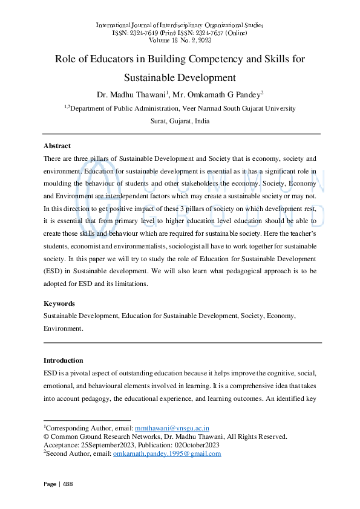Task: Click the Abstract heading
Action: (x=57, y=146)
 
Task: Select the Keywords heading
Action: (x=59, y=303)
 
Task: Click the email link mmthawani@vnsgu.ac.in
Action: (x=171, y=427)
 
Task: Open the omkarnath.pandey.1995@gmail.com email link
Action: (x=167, y=453)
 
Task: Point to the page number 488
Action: (x=67, y=484)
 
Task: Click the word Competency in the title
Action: (x=208, y=59)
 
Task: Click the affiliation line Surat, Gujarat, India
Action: (x=180, y=120)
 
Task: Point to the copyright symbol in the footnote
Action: (x=46, y=436)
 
